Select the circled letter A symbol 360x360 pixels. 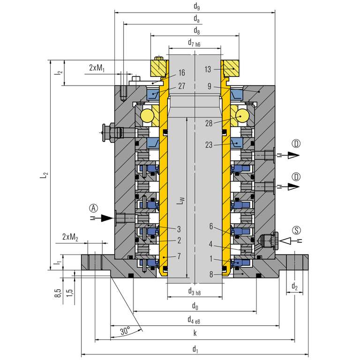pyautogui.click(x=94, y=207)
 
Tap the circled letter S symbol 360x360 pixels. pyautogui.click(x=296, y=230)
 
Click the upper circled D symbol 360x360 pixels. pyautogui.click(x=296, y=143)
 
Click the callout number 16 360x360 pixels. pyautogui.click(x=181, y=73)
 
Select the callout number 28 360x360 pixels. pyautogui.click(x=210, y=123)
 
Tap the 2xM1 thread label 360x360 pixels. pyautogui.click(x=97, y=68)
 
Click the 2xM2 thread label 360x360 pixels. pyautogui.click(x=70, y=237)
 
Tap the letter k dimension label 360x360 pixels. pyautogui.click(x=195, y=333)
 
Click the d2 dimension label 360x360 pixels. pyautogui.click(x=294, y=286)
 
